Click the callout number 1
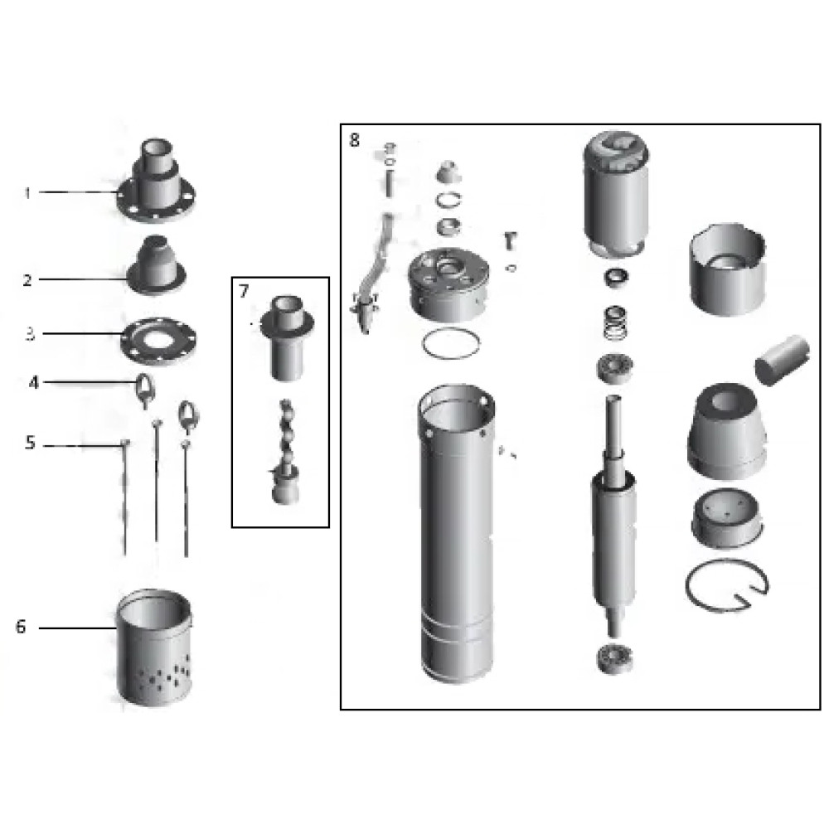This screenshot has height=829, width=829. pos(27,192)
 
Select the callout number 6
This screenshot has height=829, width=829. pos(22,627)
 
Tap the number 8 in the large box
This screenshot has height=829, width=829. pos(355,140)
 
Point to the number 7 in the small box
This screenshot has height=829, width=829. pos(244,291)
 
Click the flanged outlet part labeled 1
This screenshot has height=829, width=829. pos(157,187)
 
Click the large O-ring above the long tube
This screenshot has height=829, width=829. pos(451,345)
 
